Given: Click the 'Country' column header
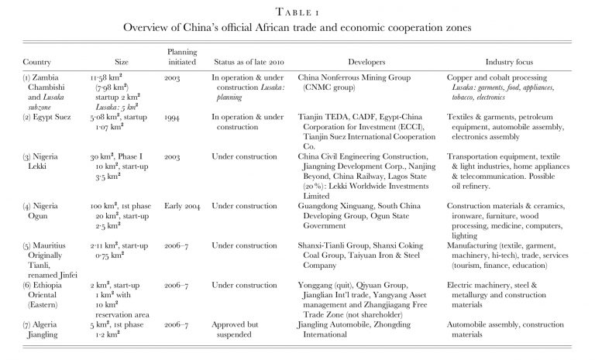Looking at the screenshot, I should click(x=37, y=61).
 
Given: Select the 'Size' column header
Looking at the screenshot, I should click(x=122, y=61).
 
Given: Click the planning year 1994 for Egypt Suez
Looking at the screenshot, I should click(x=174, y=117).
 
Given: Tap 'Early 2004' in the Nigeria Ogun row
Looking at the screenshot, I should click(x=183, y=205).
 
